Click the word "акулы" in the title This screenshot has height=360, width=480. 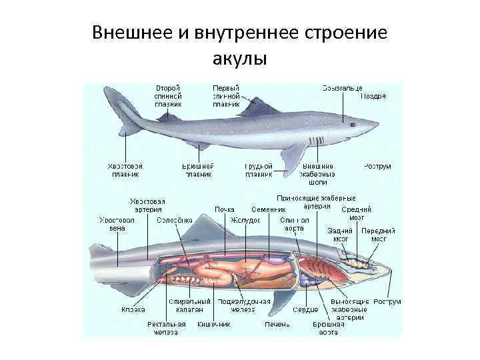pos(239,59)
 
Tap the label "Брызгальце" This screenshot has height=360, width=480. pos(342,87)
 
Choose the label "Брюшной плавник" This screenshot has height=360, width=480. pos(197,170)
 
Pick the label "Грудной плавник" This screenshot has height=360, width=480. pos(259,170)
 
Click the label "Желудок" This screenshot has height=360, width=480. pos(241,219)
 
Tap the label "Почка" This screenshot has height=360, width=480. pos(224,209)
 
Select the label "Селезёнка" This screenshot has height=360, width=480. pos(175,219)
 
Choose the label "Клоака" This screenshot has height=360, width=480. pos(133,309)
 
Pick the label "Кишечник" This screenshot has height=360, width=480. pos(214,324)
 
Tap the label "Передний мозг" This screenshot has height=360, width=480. pos(379,234)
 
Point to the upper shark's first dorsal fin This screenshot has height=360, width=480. pos(252,107)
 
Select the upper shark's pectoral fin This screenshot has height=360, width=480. pos(291,155)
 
